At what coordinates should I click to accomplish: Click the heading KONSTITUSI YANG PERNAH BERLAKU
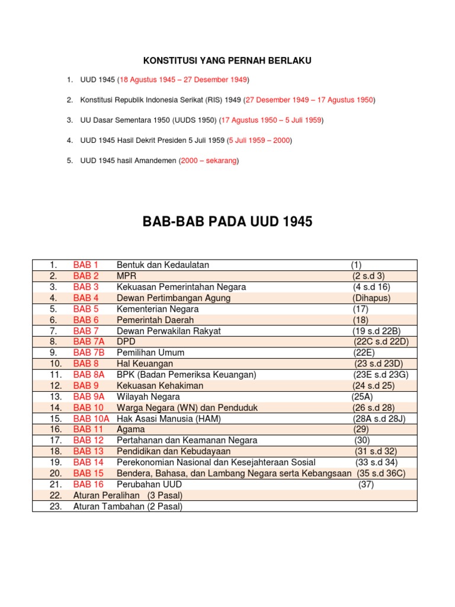click(x=227, y=60)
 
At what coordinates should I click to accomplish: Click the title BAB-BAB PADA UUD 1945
click(x=227, y=222)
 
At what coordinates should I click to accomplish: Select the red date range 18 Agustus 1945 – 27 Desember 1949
click(x=184, y=79)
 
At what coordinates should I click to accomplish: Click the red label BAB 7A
click(x=89, y=341)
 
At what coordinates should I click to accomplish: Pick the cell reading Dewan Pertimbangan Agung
click(x=174, y=298)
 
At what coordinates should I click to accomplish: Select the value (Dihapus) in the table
click(x=371, y=298)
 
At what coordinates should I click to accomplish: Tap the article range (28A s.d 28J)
click(x=379, y=418)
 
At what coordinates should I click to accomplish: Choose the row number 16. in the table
click(x=56, y=429)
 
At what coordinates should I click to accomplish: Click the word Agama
click(x=131, y=429)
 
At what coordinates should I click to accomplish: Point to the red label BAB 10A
click(x=91, y=418)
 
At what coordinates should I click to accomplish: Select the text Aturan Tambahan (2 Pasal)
click(x=127, y=506)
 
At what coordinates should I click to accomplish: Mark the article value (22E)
click(x=364, y=353)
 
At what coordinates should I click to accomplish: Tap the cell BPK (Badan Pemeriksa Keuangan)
click(x=186, y=375)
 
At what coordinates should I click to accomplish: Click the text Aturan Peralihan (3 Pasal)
click(x=127, y=495)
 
